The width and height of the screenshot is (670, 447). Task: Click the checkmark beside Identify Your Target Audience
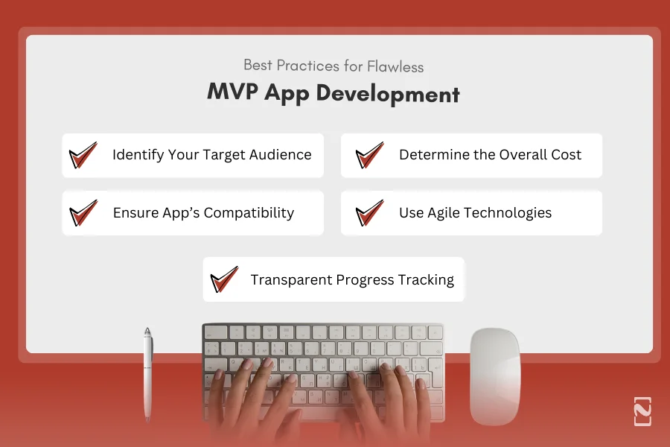point(83,156)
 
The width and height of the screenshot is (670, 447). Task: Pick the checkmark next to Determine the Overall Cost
point(369,156)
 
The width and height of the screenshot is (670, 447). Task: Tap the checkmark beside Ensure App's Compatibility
point(83,213)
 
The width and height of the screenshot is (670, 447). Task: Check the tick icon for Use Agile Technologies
point(369,213)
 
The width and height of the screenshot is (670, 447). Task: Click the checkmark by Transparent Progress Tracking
point(224,280)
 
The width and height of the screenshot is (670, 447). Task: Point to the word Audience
point(280,155)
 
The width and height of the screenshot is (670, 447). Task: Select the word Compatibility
point(249,213)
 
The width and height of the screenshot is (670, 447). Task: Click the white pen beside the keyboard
point(148,372)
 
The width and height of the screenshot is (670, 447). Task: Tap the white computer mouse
point(495,376)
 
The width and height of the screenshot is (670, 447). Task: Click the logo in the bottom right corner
point(642,411)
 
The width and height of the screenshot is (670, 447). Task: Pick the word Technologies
point(509,213)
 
